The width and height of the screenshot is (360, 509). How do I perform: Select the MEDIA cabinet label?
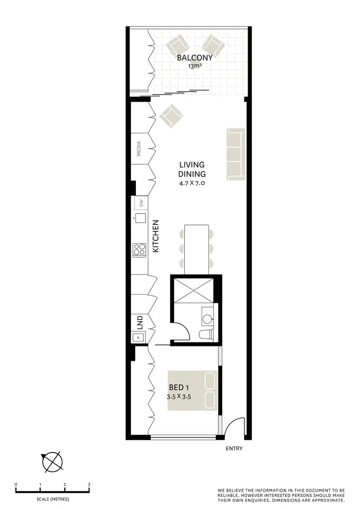click(139, 149)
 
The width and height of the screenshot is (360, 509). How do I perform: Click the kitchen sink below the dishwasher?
click(141, 218)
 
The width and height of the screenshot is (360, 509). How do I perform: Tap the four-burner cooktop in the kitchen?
click(140, 249)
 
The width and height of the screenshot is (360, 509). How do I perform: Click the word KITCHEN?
click(156, 237)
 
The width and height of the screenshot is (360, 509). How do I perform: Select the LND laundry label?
click(139, 320)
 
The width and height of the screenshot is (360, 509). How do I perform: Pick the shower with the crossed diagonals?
click(194, 290)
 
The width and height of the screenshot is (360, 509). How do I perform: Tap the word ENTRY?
click(234, 449)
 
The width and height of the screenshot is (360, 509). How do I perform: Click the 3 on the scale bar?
click(89, 485)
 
